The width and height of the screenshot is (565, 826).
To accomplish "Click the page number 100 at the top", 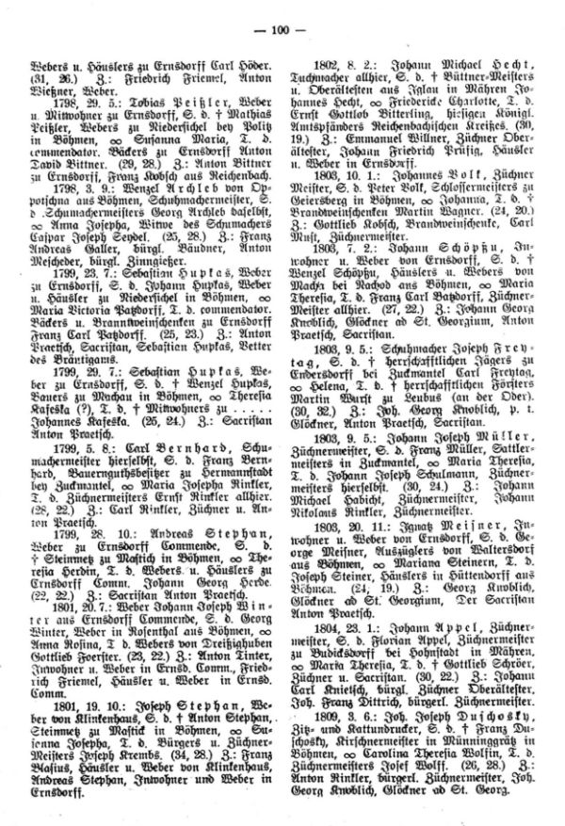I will (x=282, y=28).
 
